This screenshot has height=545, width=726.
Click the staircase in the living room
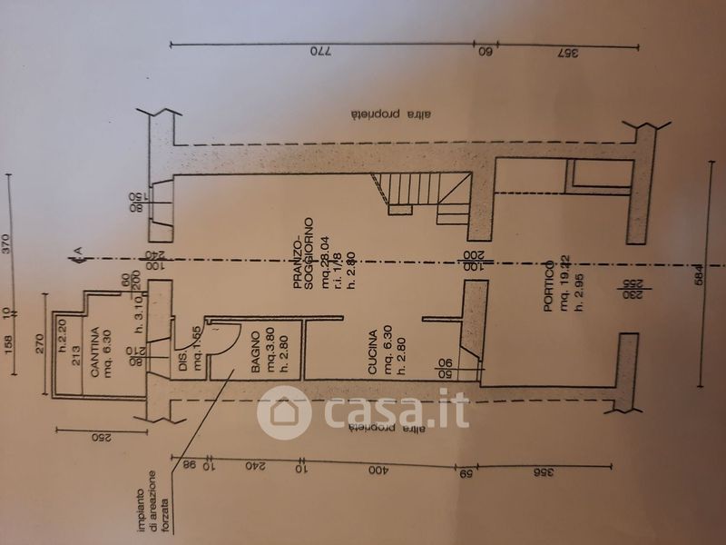pos(427,198)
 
